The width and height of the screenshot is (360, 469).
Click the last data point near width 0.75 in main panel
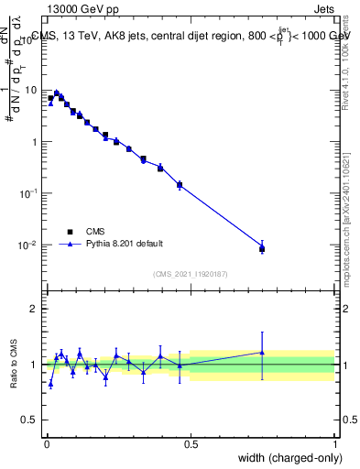coord(262,248)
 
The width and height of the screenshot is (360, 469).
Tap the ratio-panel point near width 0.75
coord(262,353)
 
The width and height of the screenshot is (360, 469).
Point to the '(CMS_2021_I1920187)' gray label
coord(191,274)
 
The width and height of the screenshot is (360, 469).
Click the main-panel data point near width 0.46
coord(180,185)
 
